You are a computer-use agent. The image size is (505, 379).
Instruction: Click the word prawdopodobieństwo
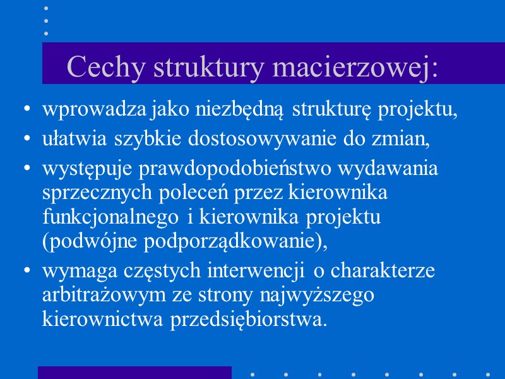tap(247, 169)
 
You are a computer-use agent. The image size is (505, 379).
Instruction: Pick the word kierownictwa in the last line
tap(104, 319)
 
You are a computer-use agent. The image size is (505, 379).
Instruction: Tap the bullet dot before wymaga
tap(26, 272)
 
